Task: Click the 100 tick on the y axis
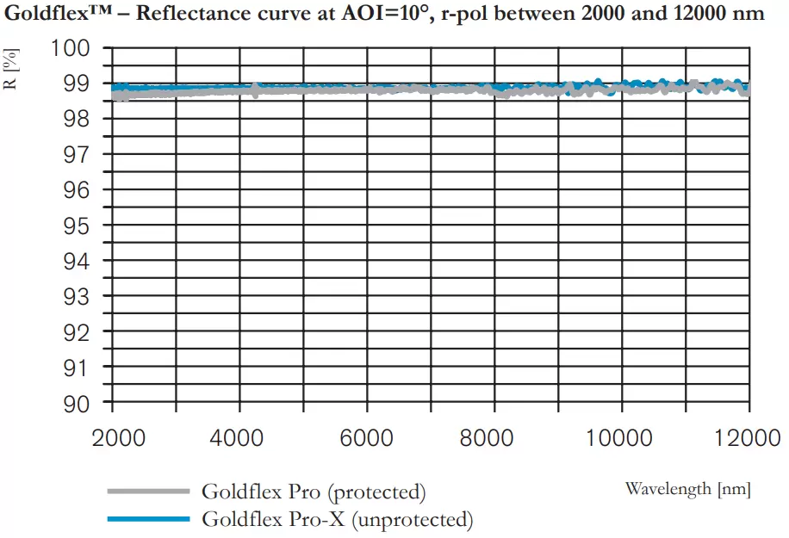coord(71,48)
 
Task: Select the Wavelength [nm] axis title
coord(687,489)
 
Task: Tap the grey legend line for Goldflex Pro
coord(147,492)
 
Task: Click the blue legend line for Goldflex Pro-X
coord(147,519)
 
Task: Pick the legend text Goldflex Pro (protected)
coord(314,492)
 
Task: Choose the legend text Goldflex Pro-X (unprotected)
coord(337,520)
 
